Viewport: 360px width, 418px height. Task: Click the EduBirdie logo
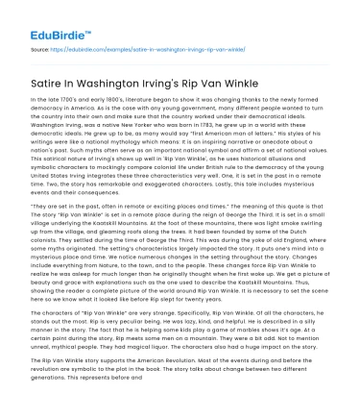click(40, 17)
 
